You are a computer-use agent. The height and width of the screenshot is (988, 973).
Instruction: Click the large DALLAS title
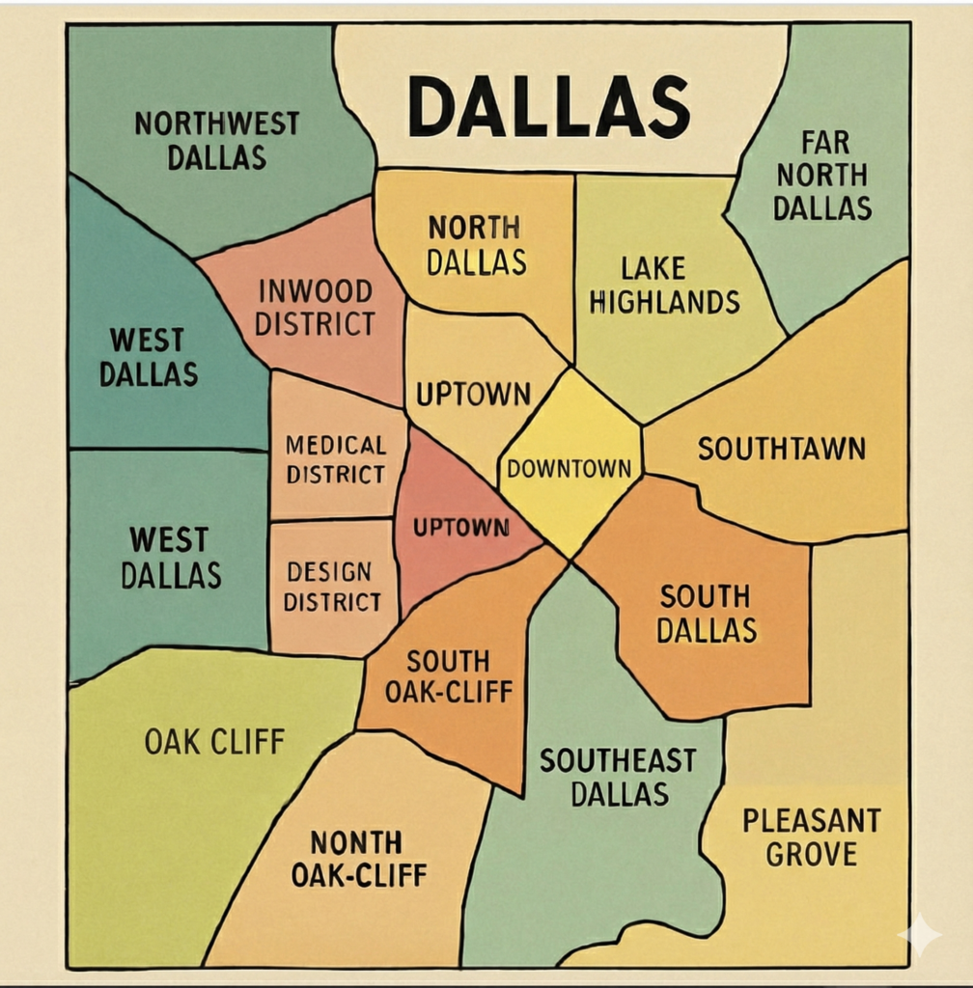click(548, 105)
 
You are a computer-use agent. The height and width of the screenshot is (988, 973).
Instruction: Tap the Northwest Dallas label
click(216, 140)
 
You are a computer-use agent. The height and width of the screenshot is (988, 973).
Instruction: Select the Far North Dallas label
click(822, 176)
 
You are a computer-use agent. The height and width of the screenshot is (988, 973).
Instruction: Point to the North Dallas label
click(476, 245)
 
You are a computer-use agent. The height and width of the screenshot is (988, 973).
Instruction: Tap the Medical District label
click(335, 459)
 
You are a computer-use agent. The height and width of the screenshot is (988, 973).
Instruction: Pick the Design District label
click(332, 587)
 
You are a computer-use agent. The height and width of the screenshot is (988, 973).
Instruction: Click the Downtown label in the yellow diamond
click(569, 469)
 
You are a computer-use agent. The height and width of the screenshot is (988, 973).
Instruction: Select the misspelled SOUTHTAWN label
click(781, 449)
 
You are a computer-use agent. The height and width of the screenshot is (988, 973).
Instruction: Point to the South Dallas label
click(707, 614)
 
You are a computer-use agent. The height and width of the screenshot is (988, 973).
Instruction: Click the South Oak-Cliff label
click(448, 676)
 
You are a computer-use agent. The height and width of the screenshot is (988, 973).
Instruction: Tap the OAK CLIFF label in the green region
click(214, 741)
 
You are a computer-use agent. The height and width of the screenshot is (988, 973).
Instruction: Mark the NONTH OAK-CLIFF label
click(358, 859)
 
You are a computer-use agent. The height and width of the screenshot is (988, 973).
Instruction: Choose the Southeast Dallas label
click(618, 777)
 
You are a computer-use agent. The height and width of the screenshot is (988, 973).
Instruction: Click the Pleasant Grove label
click(811, 837)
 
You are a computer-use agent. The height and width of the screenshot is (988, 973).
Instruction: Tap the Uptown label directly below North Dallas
click(473, 394)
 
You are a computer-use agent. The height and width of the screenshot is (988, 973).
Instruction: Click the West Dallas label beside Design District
click(170, 557)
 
